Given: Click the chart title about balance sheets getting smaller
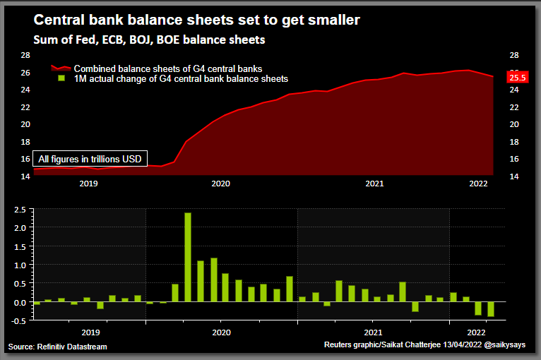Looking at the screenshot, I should click(x=197, y=20).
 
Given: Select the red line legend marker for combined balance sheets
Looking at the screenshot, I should click(x=61, y=68).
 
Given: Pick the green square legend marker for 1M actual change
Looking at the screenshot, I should click(x=61, y=78).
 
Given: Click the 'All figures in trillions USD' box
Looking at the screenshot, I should click(x=90, y=159).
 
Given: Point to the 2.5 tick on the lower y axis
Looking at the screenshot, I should click(x=20, y=210).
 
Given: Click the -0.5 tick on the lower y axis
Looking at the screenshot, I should click(x=19, y=320).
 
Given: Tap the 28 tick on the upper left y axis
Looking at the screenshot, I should click(x=24, y=55).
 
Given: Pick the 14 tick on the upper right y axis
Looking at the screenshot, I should click(x=513, y=176).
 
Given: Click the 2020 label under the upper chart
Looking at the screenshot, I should click(x=220, y=184).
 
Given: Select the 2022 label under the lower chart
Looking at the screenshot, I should click(x=477, y=332).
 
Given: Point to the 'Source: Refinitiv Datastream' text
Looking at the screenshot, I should click(x=58, y=346).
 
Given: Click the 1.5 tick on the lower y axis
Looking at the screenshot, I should click(x=20, y=246).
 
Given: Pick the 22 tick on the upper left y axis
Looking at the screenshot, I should click(x=24, y=107).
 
